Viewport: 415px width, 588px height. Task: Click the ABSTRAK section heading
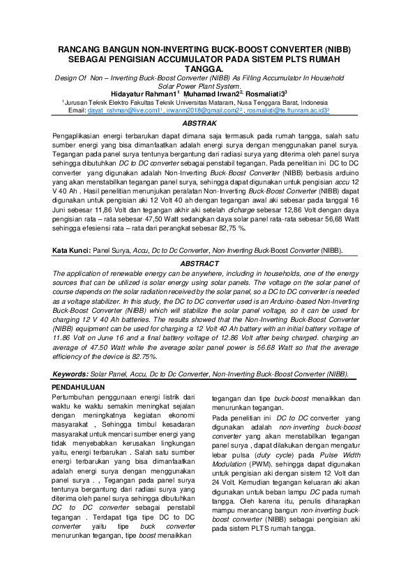click(207, 123)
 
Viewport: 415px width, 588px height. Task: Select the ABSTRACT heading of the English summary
click(207, 264)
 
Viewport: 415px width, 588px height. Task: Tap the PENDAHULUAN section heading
click(79, 386)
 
